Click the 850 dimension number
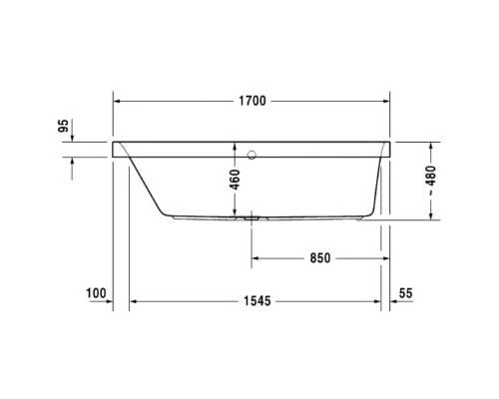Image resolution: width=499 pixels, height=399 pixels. [x=318, y=257]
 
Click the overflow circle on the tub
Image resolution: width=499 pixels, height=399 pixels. [x=250, y=155]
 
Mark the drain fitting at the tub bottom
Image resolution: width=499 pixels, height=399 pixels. [x=249, y=215]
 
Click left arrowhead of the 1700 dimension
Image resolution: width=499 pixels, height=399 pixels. [x=117, y=101]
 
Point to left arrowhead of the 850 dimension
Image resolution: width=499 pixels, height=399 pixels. [x=254, y=257]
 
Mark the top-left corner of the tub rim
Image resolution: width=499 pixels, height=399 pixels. [x=113, y=141]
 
